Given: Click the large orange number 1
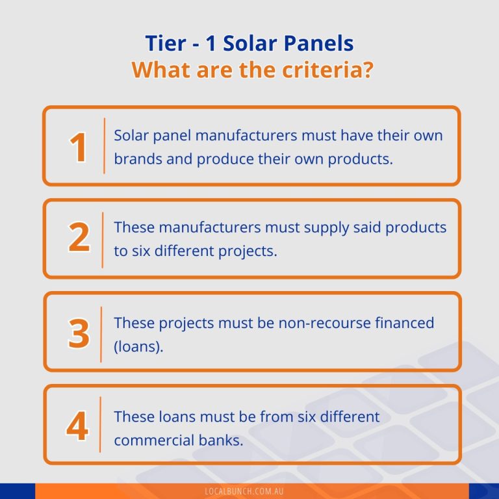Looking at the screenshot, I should click(x=79, y=147).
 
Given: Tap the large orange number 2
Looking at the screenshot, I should click(x=79, y=238).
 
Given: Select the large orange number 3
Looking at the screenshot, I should click(x=79, y=333).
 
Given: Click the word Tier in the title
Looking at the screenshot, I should click(x=165, y=44).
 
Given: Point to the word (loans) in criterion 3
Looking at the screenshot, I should click(x=138, y=346).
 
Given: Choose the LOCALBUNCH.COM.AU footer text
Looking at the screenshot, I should click(x=249, y=492).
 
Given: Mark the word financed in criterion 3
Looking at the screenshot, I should click(x=405, y=322).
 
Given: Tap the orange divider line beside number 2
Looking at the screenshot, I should click(x=103, y=239).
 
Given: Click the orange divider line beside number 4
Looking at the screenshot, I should click(x=101, y=425).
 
